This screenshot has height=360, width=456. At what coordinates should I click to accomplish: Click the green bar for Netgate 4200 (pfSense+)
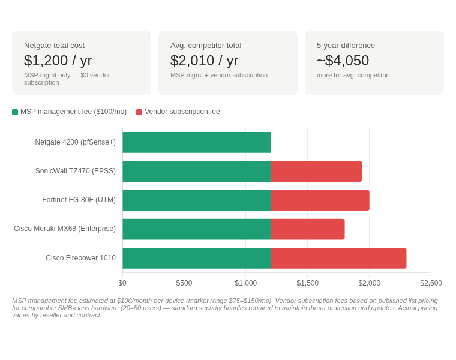click(x=196, y=142)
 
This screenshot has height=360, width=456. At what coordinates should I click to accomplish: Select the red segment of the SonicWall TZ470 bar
click(x=316, y=171)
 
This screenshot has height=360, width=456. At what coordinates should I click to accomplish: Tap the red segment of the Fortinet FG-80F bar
click(x=320, y=200)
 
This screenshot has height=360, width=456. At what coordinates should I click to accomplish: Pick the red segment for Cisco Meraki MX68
click(x=307, y=229)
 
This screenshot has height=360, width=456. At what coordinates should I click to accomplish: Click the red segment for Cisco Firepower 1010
click(x=338, y=258)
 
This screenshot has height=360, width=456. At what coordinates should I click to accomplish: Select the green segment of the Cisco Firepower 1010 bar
click(x=196, y=258)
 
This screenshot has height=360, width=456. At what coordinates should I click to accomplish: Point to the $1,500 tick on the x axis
click(x=307, y=283)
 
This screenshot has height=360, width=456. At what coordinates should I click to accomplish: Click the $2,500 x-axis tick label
click(x=431, y=283)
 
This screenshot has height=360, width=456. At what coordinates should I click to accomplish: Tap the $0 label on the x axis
click(x=122, y=283)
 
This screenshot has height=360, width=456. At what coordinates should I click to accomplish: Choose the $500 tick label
click(x=184, y=283)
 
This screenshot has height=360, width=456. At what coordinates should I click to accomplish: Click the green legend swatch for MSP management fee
click(x=15, y=112)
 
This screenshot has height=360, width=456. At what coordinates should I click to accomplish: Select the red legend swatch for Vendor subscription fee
click(x=139, y=112)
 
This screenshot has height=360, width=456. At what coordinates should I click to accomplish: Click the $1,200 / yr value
click(x=58, y=61)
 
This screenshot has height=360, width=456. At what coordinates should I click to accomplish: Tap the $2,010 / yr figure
click(x=204, y=61)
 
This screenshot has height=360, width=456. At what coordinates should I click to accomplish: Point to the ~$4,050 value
click(x=343, y=61)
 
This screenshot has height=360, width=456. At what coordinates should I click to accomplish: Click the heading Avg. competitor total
click(x=206, y=46)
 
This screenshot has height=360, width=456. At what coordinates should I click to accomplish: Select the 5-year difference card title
click(x=346, y=46)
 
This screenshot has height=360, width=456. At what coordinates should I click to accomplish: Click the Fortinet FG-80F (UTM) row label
click(x=79, y=200)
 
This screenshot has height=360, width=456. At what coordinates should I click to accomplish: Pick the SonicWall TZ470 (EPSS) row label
click(x=75, y=171)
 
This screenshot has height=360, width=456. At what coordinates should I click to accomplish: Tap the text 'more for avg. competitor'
click(x=352, y=75)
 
